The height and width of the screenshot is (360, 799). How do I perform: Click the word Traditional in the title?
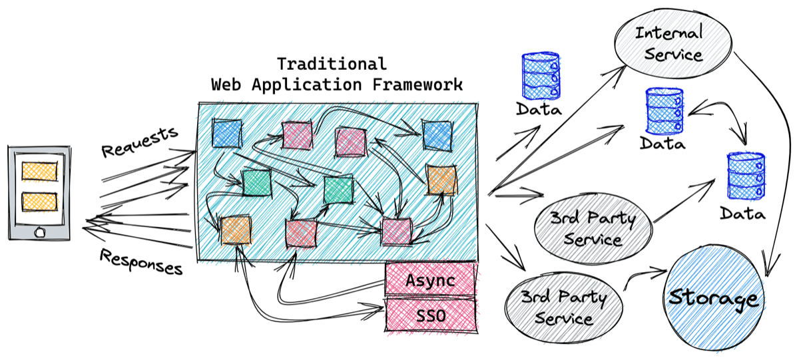[331, 64]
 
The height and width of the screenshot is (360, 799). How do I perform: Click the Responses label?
[141, 262]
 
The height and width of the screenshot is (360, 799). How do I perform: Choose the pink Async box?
[431, 280]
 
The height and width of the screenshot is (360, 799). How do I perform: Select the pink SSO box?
[431, 313]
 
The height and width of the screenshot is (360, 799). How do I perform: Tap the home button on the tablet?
[39, 233]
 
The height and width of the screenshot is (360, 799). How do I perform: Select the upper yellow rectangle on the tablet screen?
[39, 170]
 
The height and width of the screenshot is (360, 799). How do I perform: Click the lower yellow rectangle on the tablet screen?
[39, 202]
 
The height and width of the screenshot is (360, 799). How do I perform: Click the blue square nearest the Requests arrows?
[226, 133]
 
